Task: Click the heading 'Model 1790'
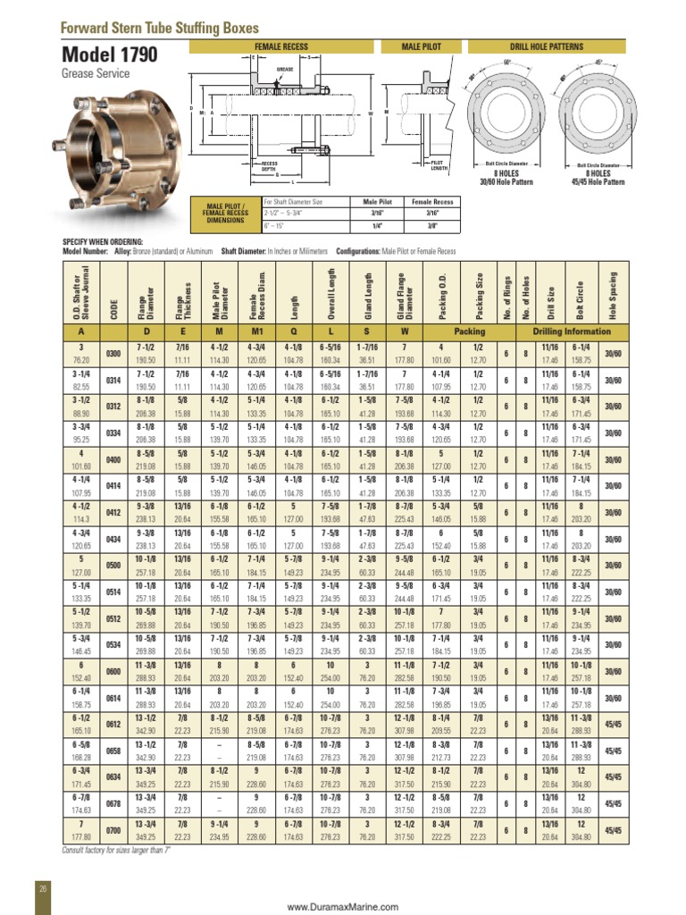109,55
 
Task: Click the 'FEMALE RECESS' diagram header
281,46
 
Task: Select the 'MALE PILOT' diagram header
422,46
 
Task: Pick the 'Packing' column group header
469,331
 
